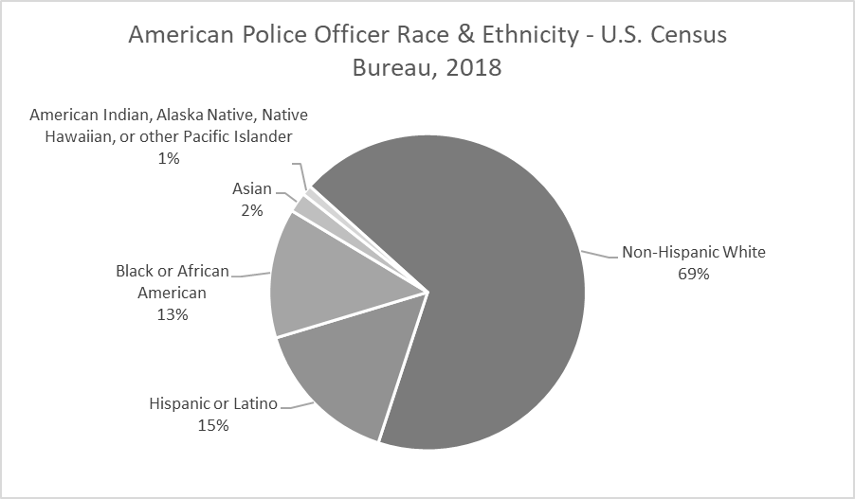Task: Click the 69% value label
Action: point(693,275)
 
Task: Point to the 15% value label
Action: point(213,425)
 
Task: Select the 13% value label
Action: point(173,314)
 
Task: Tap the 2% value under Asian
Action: point(252,210)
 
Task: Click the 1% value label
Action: point(169,158)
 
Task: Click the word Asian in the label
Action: point(252,188)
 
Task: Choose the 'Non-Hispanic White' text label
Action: point(693,253)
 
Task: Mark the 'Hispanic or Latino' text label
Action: point(213,404)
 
